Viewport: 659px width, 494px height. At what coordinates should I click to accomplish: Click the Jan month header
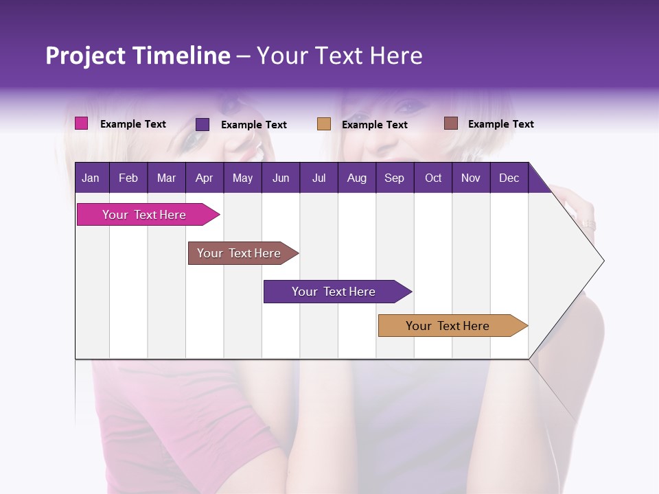click(91, 178)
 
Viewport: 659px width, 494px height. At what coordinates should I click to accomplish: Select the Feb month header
click(128, 178)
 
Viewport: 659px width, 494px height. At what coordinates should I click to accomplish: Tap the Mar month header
click(166, 178)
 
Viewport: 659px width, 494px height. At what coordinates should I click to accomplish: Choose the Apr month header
click(204, 178)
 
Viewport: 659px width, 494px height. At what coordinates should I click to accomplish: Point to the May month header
click(242, 178)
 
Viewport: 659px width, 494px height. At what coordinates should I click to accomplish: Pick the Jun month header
click(281, 178)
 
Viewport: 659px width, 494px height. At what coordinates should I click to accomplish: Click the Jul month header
click(319, 178)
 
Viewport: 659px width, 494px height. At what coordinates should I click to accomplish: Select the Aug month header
click(356, 178)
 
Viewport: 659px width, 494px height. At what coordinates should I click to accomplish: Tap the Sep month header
click(394, 178)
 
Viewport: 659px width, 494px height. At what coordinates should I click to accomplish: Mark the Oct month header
click(433, 178)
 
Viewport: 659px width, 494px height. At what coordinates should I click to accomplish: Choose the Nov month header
click(471, 178)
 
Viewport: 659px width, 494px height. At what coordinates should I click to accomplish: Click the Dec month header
click(509, 178)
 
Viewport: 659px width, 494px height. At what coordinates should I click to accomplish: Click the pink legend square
click(82, 123)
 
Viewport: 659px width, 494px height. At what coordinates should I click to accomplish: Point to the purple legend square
click(203, 124)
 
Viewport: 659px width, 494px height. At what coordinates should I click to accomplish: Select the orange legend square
click(324, 124)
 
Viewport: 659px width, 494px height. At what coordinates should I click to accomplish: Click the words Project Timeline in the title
click(138, 56)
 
